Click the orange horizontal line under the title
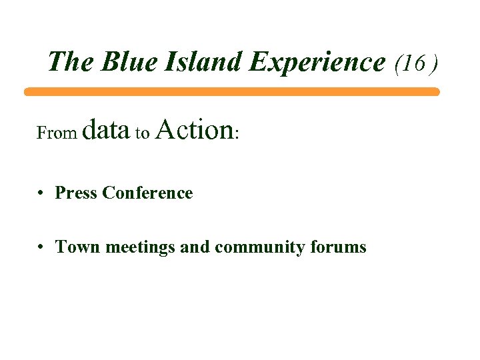pos(231,92)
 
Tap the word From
pos(57,133)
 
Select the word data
pos(107,130)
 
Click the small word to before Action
pos(142,134)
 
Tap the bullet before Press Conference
pos(41,193)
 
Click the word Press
pos(77,193)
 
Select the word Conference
pos(148,193)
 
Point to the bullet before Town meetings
pos(41,247)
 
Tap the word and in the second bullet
pos(195,247)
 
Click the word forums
pos(338,247)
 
